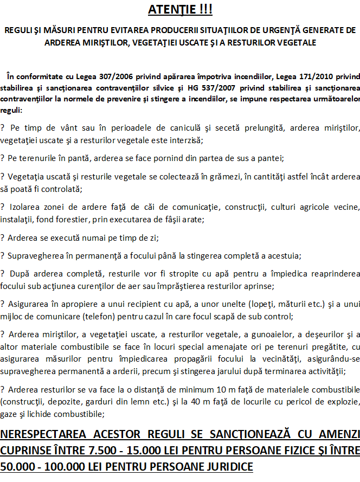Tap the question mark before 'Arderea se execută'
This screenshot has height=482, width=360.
pos(3,237)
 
